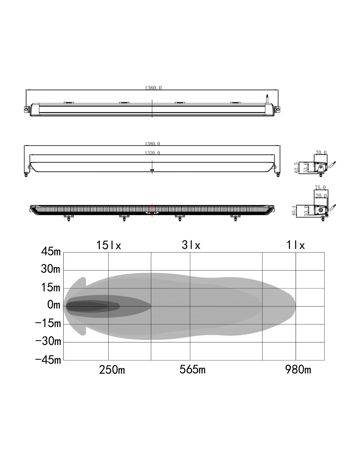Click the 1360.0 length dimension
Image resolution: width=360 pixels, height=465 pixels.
(153, 88)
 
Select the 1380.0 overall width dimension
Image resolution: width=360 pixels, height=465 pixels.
(152, 144)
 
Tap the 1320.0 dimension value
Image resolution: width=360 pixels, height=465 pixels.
(152, 153)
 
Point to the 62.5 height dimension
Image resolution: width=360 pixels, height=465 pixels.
(297, 167)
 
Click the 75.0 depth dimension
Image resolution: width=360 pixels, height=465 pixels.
(320, 187)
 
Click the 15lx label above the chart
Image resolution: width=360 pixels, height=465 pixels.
(109, 245)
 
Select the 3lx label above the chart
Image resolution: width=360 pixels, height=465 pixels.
(191, 245)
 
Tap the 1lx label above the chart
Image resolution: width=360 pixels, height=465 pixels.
(295, 245)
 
